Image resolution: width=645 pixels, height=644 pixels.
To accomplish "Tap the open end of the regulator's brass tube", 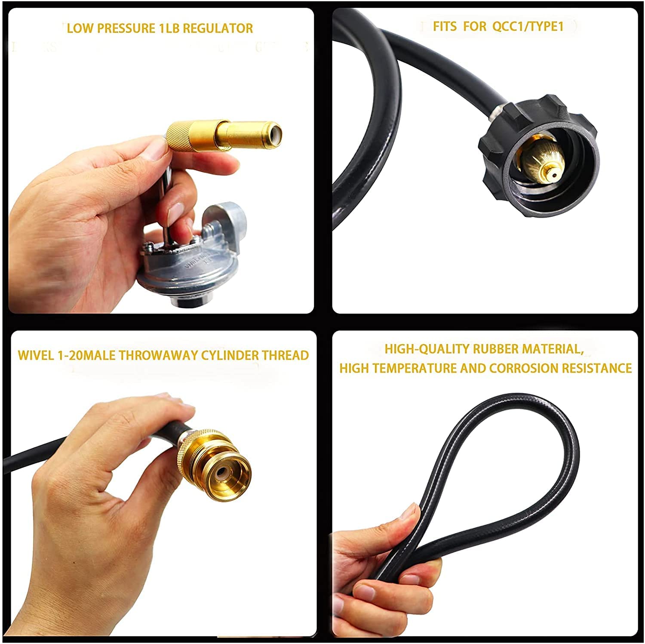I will click(272, 134).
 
